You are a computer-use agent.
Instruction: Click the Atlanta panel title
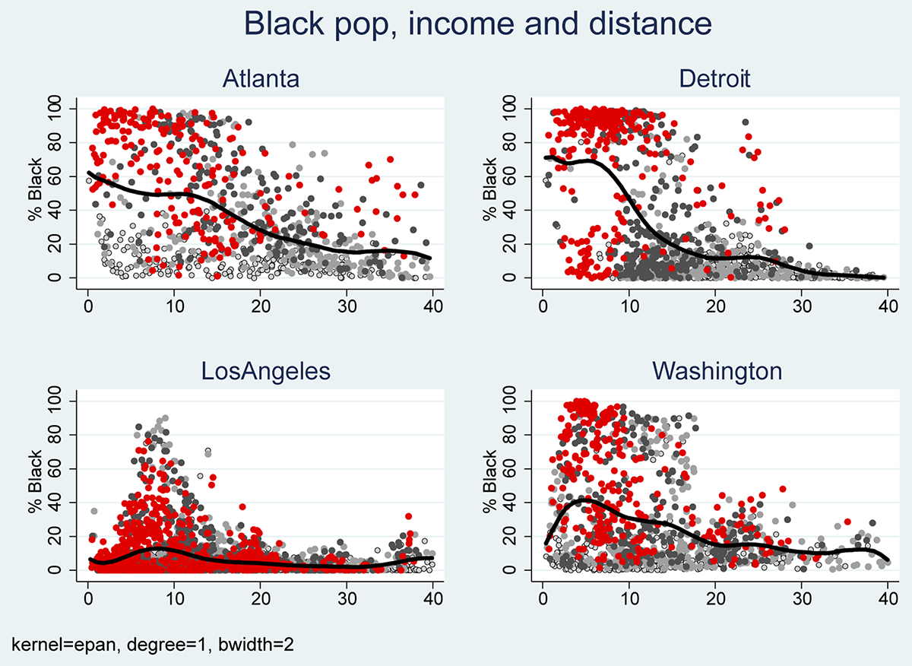(x=260, y=79)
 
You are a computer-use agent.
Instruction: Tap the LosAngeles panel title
(x=260, y=371)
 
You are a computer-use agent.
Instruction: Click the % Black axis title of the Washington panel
(x=491, y=485)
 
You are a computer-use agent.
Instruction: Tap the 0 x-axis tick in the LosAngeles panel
(x=88, y=597)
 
